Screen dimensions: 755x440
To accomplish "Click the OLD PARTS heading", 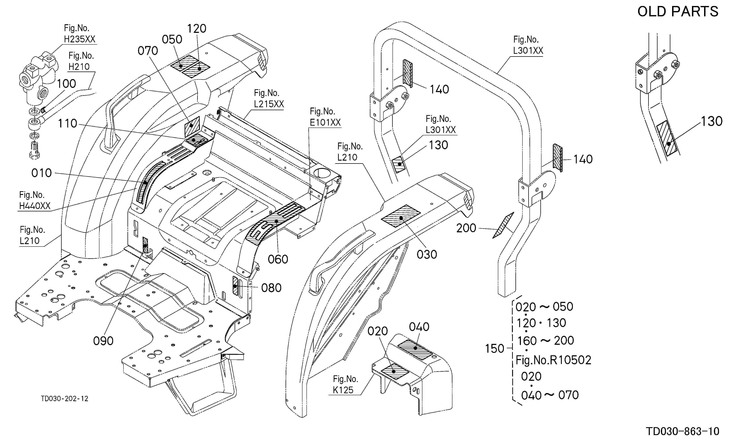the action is point(678,12).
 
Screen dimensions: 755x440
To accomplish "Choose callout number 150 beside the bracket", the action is point(495,349).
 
